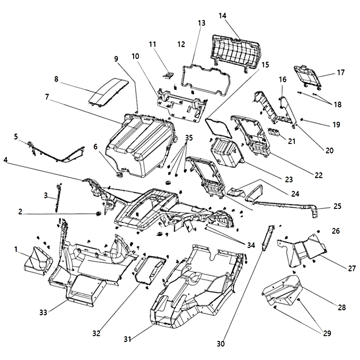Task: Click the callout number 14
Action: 222,15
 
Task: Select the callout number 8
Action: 56,79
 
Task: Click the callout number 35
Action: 189,138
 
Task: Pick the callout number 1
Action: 16,249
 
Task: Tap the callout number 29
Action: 327,333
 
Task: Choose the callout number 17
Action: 340,72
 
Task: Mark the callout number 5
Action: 16,136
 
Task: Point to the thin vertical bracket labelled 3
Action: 58,197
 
